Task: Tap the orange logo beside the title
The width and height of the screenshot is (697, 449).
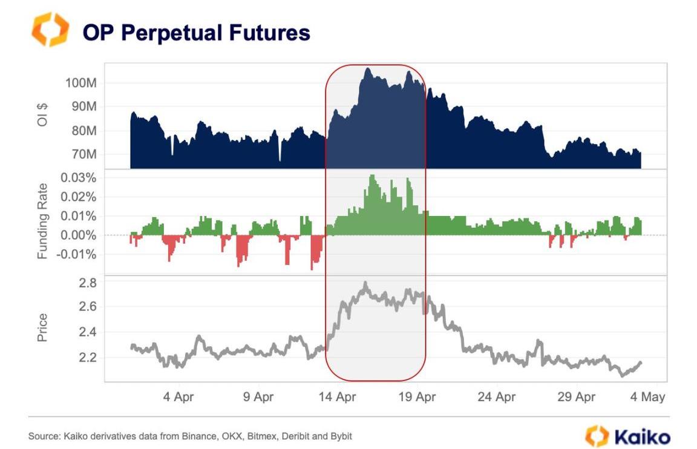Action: tap(50, 30)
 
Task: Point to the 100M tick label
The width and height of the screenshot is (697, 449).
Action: tap(81, 82)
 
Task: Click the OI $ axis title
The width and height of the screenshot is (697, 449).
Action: tap(44, 116)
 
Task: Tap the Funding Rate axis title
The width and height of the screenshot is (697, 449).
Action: tap(42, 216)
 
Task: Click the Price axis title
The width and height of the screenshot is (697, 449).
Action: tap(42, 327)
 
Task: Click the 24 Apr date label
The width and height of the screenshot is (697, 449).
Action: tap(497, 397)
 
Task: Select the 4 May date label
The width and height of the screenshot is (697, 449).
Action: tap(647, 397)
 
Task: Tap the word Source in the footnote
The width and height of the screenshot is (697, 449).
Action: tap(42, 436)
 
